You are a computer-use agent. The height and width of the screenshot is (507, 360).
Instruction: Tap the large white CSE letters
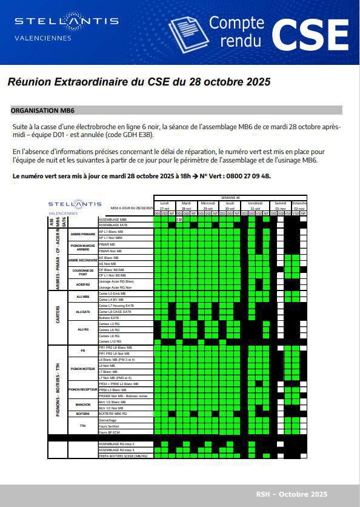pos(310,35)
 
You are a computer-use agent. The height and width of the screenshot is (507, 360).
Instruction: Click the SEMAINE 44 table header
pos(230,198)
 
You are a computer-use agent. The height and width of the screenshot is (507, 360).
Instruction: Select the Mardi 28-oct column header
pos(186,205)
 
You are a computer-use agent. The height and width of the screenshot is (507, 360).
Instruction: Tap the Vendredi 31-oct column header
pos(255,205)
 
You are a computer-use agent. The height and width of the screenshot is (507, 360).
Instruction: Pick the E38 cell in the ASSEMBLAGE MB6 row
pos(179,219)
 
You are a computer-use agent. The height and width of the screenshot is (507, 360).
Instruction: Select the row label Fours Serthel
pos(109,426)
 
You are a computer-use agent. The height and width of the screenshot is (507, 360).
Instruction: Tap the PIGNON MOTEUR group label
pos(82,368)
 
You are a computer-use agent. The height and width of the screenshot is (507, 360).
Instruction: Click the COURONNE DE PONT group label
pos(82,272)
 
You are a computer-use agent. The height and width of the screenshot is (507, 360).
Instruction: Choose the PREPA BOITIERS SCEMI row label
pos(122,455)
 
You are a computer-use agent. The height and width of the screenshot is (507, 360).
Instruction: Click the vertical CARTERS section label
pos(58,317)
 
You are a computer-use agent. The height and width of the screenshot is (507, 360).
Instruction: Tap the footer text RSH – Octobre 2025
pos(291,495)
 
